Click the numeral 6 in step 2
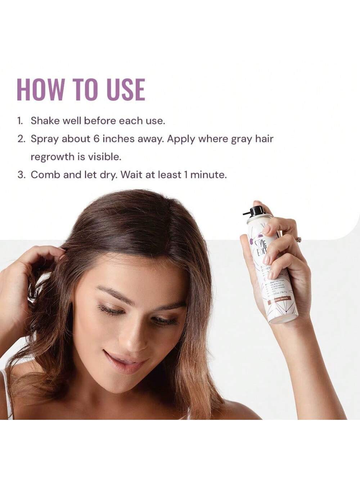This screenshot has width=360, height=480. coord(96,139)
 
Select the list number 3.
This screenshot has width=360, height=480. coord(21,175)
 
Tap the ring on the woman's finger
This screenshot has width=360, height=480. coord(298,239)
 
